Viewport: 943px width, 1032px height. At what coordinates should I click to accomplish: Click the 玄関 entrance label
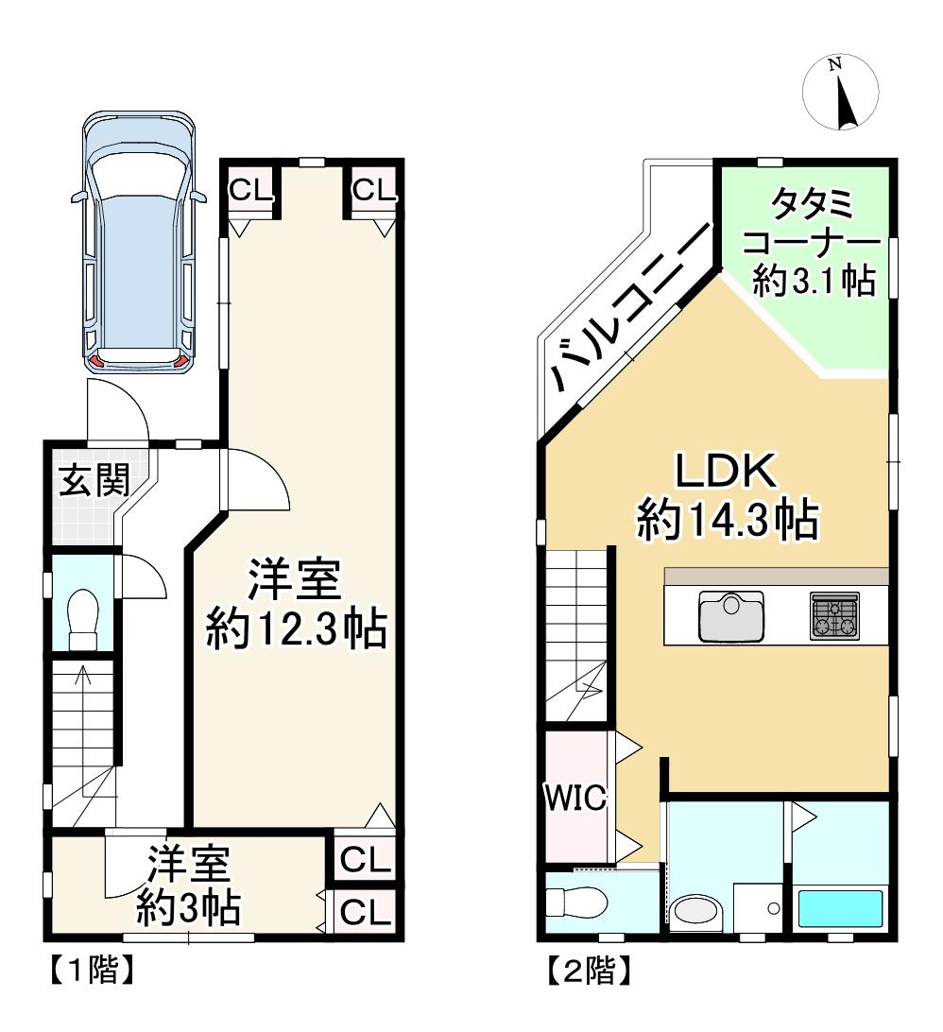pyautogui.click(x=94, y=480)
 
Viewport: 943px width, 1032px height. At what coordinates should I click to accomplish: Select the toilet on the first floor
pyautogui.click(x=83, y=620)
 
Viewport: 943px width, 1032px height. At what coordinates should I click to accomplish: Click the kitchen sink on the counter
pyautogui.click(x=731, y=615)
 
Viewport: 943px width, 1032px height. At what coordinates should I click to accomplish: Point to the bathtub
pyautogui.click(x=840, y=908)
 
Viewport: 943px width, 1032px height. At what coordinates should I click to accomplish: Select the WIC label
pyautogui.click(x=575, y=798)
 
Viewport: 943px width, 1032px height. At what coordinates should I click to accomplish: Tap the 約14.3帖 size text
pyautogui.click(x=728, y=520)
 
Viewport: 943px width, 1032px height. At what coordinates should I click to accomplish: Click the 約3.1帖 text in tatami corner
pyautogui.click(x=814, y=281)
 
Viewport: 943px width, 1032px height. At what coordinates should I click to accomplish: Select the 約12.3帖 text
pyautogui.click(x=296, y=629)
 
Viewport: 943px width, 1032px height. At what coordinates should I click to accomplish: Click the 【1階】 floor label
pyautogui.click(x=92, y=970)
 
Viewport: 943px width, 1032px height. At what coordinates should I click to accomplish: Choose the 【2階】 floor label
pyautogui.click(x=589, y=971)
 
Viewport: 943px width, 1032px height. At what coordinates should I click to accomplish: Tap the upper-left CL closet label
pyautogui.click(x=250, y=191)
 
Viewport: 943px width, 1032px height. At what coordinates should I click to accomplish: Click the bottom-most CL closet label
pyautogui.click(x=367, y=912)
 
